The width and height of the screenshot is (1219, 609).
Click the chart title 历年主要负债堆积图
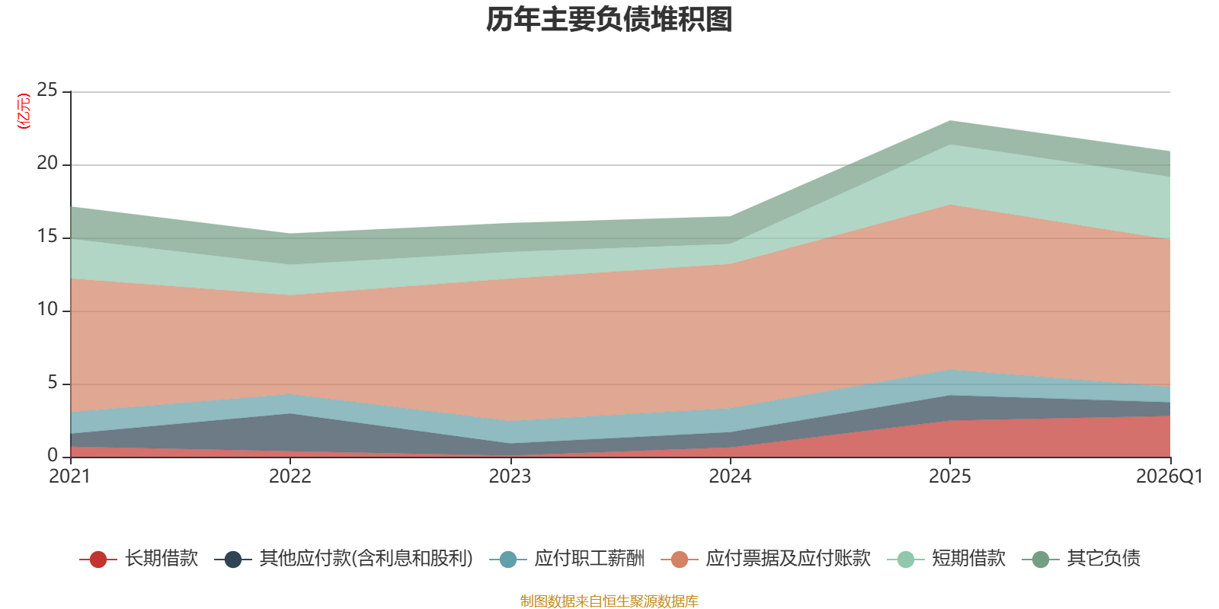coord(609,20)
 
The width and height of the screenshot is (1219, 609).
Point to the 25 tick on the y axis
coord(47,91)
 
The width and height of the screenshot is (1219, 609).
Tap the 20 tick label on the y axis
coord(47,164)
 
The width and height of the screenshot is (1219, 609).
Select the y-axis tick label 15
coord(47,237)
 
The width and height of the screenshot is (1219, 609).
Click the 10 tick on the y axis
coord(47,310)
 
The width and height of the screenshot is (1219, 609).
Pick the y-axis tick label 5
coord(53,383)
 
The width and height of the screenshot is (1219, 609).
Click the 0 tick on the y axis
coord(53,455)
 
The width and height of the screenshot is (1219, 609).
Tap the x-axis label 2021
coord(69,477)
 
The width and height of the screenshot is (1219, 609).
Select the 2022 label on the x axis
coord(290,477)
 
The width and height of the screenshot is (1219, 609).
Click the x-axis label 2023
coord(510,477)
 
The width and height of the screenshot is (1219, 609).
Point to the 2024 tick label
coord(730,477)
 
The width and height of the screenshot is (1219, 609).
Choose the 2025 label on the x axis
coord(949,477)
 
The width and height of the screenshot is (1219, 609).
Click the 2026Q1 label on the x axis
coord(1169,477)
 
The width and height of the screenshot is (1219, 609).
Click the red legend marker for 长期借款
coord(98,560)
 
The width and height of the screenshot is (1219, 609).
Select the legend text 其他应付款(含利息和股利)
coord(366,559)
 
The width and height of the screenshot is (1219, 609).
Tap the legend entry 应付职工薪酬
coord(589,559)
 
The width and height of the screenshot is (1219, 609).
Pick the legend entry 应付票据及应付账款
coord(788,559)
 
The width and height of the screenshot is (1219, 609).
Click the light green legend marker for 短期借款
coord(906,560)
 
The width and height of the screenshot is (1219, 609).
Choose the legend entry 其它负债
coord(1103,559)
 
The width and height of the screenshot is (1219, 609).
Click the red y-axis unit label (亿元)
coord(24,111)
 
